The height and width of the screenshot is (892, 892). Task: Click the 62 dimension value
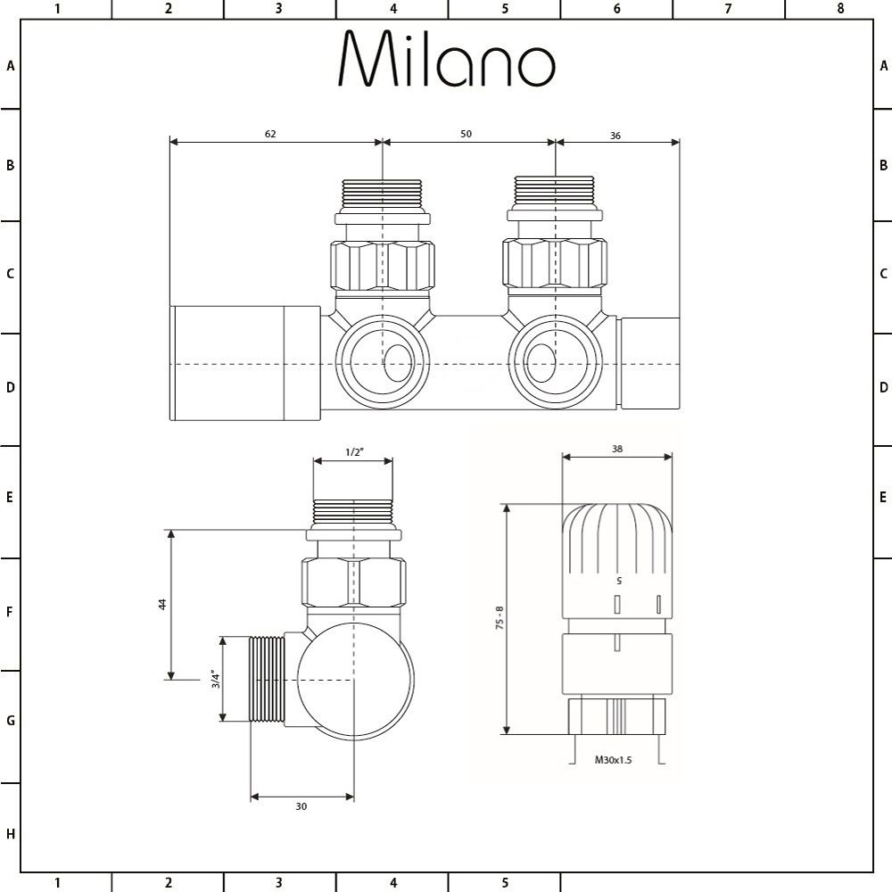click(270, 134)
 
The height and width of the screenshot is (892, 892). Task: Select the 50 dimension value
click(466, 134)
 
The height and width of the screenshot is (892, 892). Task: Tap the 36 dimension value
click(615, 136)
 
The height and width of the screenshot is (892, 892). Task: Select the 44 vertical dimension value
click(162, 604)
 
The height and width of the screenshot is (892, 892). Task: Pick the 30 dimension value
click(301, 805)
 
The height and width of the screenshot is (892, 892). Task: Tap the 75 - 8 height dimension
click(500, 619)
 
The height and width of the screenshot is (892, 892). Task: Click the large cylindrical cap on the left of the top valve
click(244, 363)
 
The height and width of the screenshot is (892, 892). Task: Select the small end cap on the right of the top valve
click(649, 363)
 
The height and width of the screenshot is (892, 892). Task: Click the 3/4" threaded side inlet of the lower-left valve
click(266, 679)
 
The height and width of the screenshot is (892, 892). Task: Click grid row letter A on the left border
click(11, 65)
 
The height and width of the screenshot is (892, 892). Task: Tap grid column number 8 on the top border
click(839, 9)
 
